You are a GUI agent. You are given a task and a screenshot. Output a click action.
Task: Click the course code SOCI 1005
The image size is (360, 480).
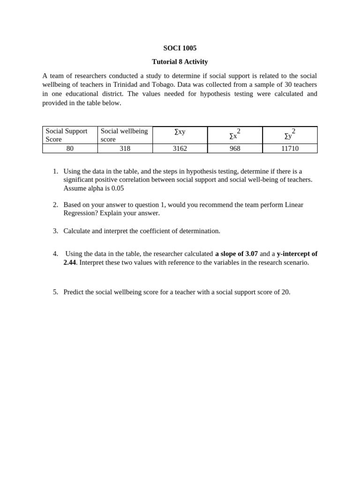coord(180,48)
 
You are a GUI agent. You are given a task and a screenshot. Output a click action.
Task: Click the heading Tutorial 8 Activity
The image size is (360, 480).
coord(180,61)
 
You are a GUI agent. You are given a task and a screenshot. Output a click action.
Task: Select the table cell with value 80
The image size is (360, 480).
coord(70,148)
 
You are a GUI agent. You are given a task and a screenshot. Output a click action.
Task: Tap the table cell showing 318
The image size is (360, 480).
coord(125,148)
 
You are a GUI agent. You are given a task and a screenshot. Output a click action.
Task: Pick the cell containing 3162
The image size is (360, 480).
coord(180,148)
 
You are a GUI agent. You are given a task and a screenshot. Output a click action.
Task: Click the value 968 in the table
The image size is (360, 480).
coord(235,148)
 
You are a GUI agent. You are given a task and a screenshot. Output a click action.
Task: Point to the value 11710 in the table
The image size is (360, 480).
coord(290,148)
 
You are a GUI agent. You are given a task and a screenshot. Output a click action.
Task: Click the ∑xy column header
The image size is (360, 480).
coord(180,132)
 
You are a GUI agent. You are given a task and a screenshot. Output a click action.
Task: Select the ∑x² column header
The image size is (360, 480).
coord(234,135)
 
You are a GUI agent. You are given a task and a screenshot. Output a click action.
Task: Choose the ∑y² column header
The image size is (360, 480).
coord(290,135)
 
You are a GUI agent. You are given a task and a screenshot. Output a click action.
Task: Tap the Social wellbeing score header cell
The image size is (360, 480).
coord(124,135)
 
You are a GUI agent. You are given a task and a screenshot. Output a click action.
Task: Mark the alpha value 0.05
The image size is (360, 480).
coord(118,188)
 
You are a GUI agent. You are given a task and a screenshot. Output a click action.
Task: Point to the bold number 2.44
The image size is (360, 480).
coord(69,262)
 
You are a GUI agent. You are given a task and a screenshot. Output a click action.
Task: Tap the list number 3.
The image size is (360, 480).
coord(55,231)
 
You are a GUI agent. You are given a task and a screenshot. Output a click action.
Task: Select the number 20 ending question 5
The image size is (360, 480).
coord(285,292)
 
